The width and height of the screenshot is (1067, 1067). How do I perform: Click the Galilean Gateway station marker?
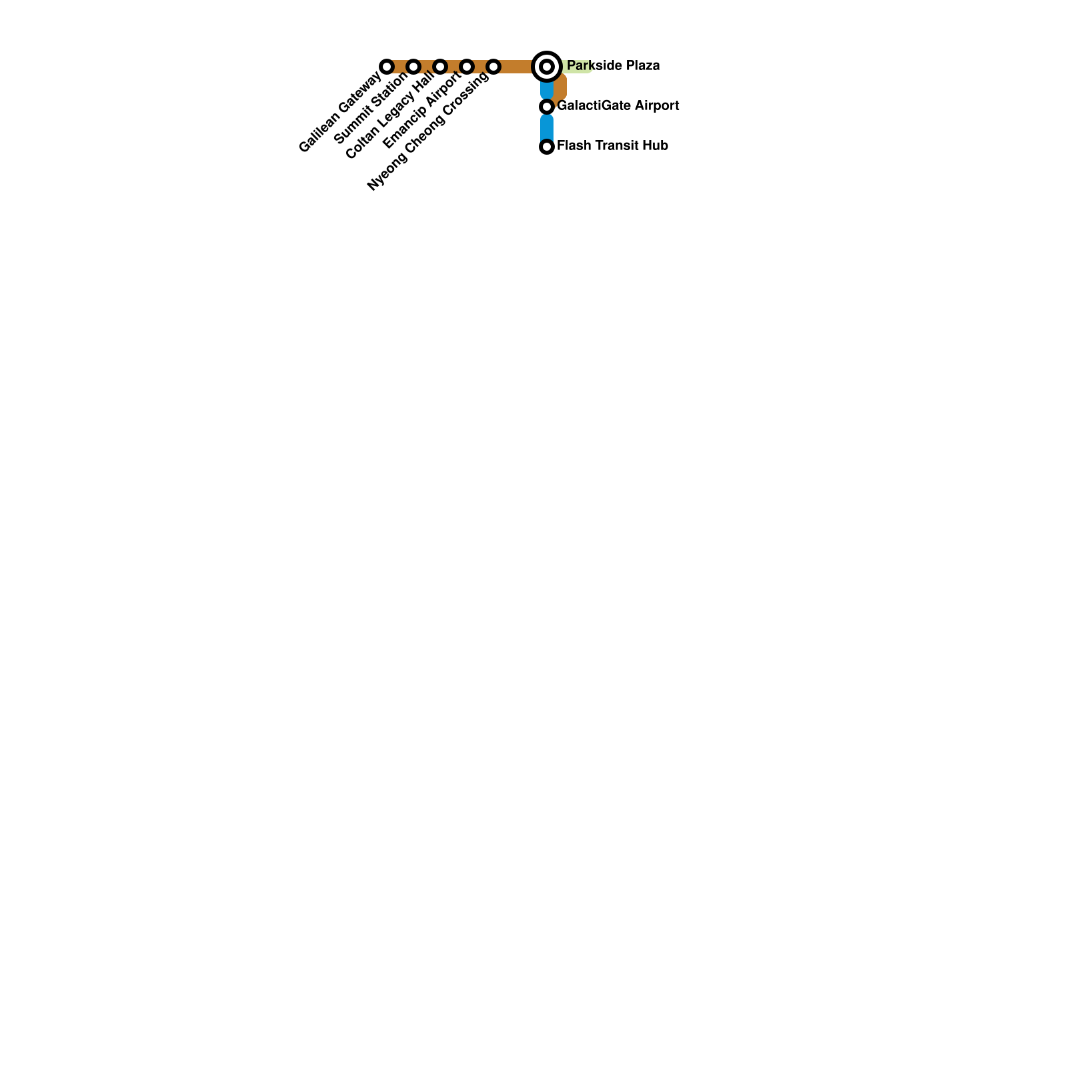point(387,67)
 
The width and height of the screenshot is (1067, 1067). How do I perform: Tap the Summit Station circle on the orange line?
point(413,67)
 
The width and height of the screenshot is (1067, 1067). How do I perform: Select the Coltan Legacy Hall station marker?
point(440,67)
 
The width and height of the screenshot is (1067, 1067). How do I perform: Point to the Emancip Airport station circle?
point(467,67)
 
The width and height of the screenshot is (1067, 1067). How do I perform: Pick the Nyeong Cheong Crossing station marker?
point(493,67)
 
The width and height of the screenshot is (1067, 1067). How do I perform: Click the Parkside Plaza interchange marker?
point(547,67)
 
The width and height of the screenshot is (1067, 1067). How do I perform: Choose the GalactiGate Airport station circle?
point(547,107)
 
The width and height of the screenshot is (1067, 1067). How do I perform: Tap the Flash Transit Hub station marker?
point(547,147)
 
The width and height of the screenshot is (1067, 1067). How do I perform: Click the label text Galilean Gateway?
point(340,112)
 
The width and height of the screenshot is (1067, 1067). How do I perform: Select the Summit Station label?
point(370,108)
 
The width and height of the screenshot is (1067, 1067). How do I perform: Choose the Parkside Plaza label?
point(614,65)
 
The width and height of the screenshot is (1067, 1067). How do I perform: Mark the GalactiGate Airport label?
point(618,105)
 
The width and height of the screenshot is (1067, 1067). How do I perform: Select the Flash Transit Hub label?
point(613,145)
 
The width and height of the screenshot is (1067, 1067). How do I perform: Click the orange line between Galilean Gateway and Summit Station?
point(400,67)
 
